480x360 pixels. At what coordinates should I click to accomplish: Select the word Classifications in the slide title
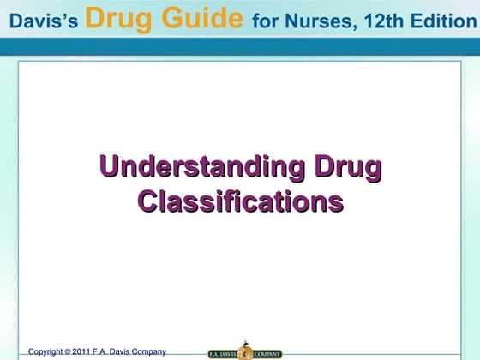click(241, 201)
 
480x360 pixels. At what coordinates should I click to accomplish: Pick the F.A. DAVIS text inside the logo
click(223, 351)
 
